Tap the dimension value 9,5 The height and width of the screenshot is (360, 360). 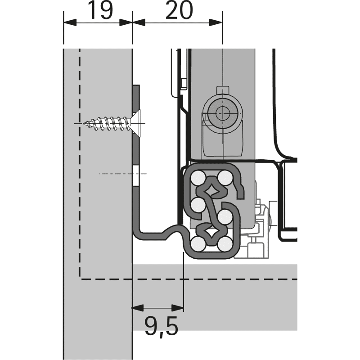[x=161, y=325]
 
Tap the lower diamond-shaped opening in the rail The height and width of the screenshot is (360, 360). [x=211, y=233]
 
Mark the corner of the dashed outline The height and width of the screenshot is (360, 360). [x=80, y=279]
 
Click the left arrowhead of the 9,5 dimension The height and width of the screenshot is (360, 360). [x=136, y=308]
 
